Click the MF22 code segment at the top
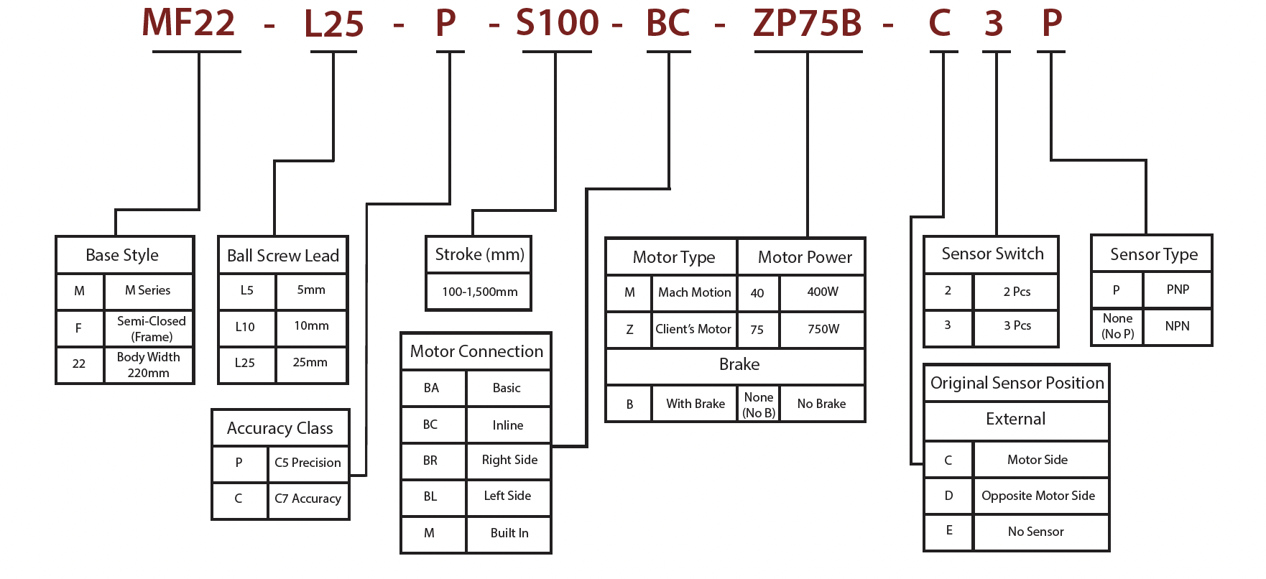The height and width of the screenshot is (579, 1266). (188, 23)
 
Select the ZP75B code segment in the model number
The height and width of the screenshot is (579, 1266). (807, 23)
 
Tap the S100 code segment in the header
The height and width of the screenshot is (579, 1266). (557, 23)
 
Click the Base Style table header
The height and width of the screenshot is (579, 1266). (122, 255)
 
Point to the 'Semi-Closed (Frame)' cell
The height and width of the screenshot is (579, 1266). (151, 329)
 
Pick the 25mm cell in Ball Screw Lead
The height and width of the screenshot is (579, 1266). (310, 363)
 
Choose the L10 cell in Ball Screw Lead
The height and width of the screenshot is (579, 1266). (245, 327)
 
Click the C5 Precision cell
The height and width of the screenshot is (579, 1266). (308, 463)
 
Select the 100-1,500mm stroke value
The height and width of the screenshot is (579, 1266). (479, 292)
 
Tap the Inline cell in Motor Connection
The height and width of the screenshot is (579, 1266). (508, 425)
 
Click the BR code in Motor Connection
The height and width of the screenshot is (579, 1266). (430, 460)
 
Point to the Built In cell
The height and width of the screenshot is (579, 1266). (509, 533)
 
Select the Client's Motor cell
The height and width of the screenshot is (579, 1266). (693, 329)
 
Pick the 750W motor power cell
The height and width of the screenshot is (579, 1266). (823, 329)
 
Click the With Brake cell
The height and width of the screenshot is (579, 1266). (696, 404)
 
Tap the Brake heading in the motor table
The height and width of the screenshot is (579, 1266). (739, 365)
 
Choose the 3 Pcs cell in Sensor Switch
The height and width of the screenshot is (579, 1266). (1017, 325)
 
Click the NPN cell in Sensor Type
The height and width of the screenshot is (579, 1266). (1177, 326)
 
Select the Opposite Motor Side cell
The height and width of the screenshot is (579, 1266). (1038, 496)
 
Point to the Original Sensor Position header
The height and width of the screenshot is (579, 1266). (1017, 383)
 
